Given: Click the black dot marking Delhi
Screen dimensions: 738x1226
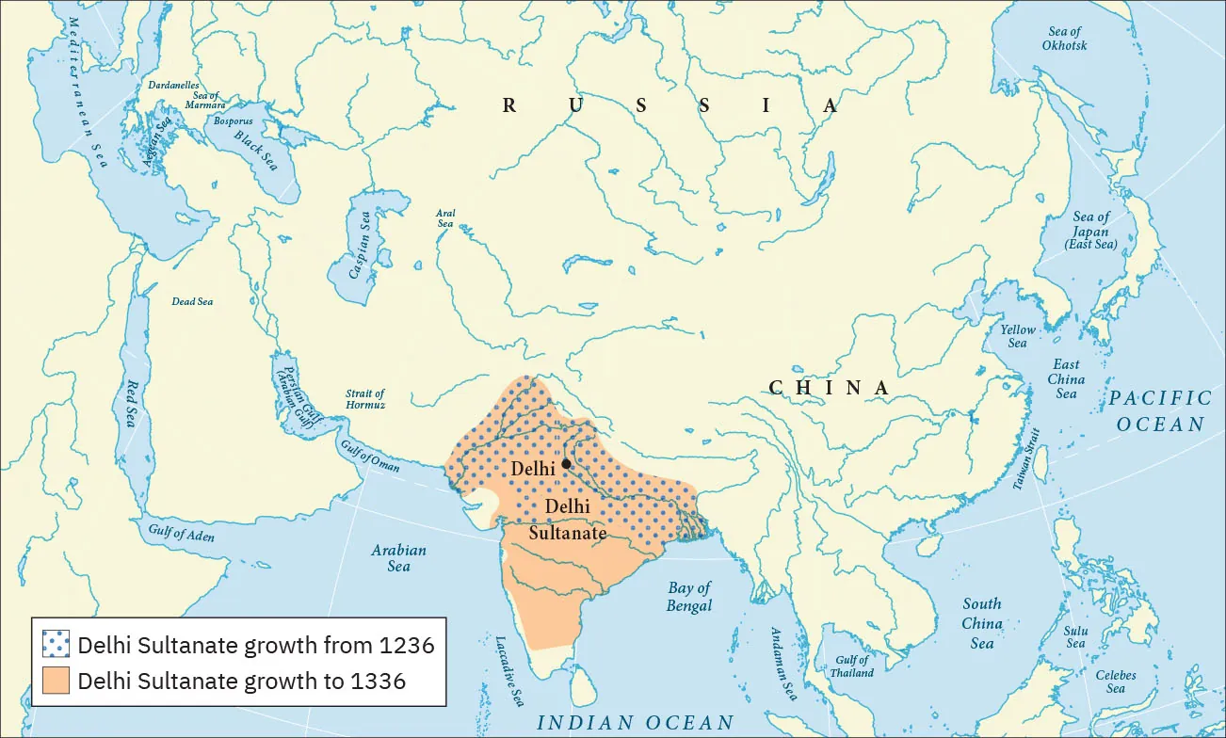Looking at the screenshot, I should [566, 463].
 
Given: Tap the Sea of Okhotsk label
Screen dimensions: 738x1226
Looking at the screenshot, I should [1064, 39].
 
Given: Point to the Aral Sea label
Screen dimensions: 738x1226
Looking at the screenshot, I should [445, 219].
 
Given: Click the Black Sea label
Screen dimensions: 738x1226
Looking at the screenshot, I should [256, 150].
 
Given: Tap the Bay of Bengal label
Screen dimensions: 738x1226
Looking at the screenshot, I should [690, 597].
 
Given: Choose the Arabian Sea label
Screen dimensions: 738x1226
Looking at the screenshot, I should [398, 558].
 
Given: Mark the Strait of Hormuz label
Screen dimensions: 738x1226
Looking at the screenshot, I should [364, 399].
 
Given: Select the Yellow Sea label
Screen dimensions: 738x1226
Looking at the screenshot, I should [1017, 336].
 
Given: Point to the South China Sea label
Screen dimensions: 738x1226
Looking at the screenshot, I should [982, 623].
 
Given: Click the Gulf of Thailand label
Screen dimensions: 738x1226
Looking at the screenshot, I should [851, 666].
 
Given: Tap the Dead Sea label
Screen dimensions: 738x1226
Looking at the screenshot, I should [192, 301].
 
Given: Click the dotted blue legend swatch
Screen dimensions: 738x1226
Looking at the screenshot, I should [56, 646].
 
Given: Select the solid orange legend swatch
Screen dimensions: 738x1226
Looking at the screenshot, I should [56, 681].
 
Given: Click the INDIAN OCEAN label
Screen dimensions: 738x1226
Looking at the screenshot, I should [635, 723].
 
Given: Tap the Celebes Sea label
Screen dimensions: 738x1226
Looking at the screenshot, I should [1116, 682].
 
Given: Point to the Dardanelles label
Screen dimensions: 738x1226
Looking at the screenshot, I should [173, 85].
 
